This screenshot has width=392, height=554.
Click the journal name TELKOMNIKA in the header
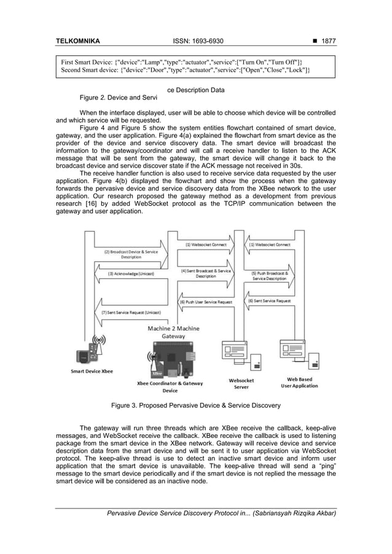tap(77, 42)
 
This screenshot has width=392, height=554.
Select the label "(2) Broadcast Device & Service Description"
tap(130, 254)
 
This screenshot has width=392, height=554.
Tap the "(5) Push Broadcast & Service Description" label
tap(269, 275)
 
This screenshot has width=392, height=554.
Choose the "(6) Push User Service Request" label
tap(206, 302)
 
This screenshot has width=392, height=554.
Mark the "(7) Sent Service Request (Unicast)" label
tap(130, 313)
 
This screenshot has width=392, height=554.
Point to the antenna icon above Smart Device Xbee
tap(98, 340)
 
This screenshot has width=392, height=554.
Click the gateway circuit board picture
tap(170, 362)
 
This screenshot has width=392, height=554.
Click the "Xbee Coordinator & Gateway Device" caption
tap(170, 387)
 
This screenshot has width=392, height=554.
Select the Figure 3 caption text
tap(195, 405)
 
